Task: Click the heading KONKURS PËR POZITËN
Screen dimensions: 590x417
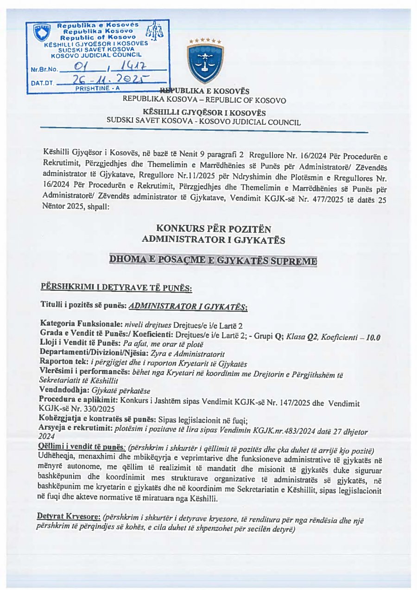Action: pos(214,229)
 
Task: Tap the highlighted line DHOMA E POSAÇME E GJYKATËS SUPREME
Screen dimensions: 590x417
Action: pos(213,260)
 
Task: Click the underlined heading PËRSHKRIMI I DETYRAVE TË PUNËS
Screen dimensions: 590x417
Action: pos(116,288)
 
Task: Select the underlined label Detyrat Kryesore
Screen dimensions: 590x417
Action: pos(69,516)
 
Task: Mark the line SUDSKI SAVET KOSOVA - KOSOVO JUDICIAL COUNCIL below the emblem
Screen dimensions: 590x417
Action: pos(203,122)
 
